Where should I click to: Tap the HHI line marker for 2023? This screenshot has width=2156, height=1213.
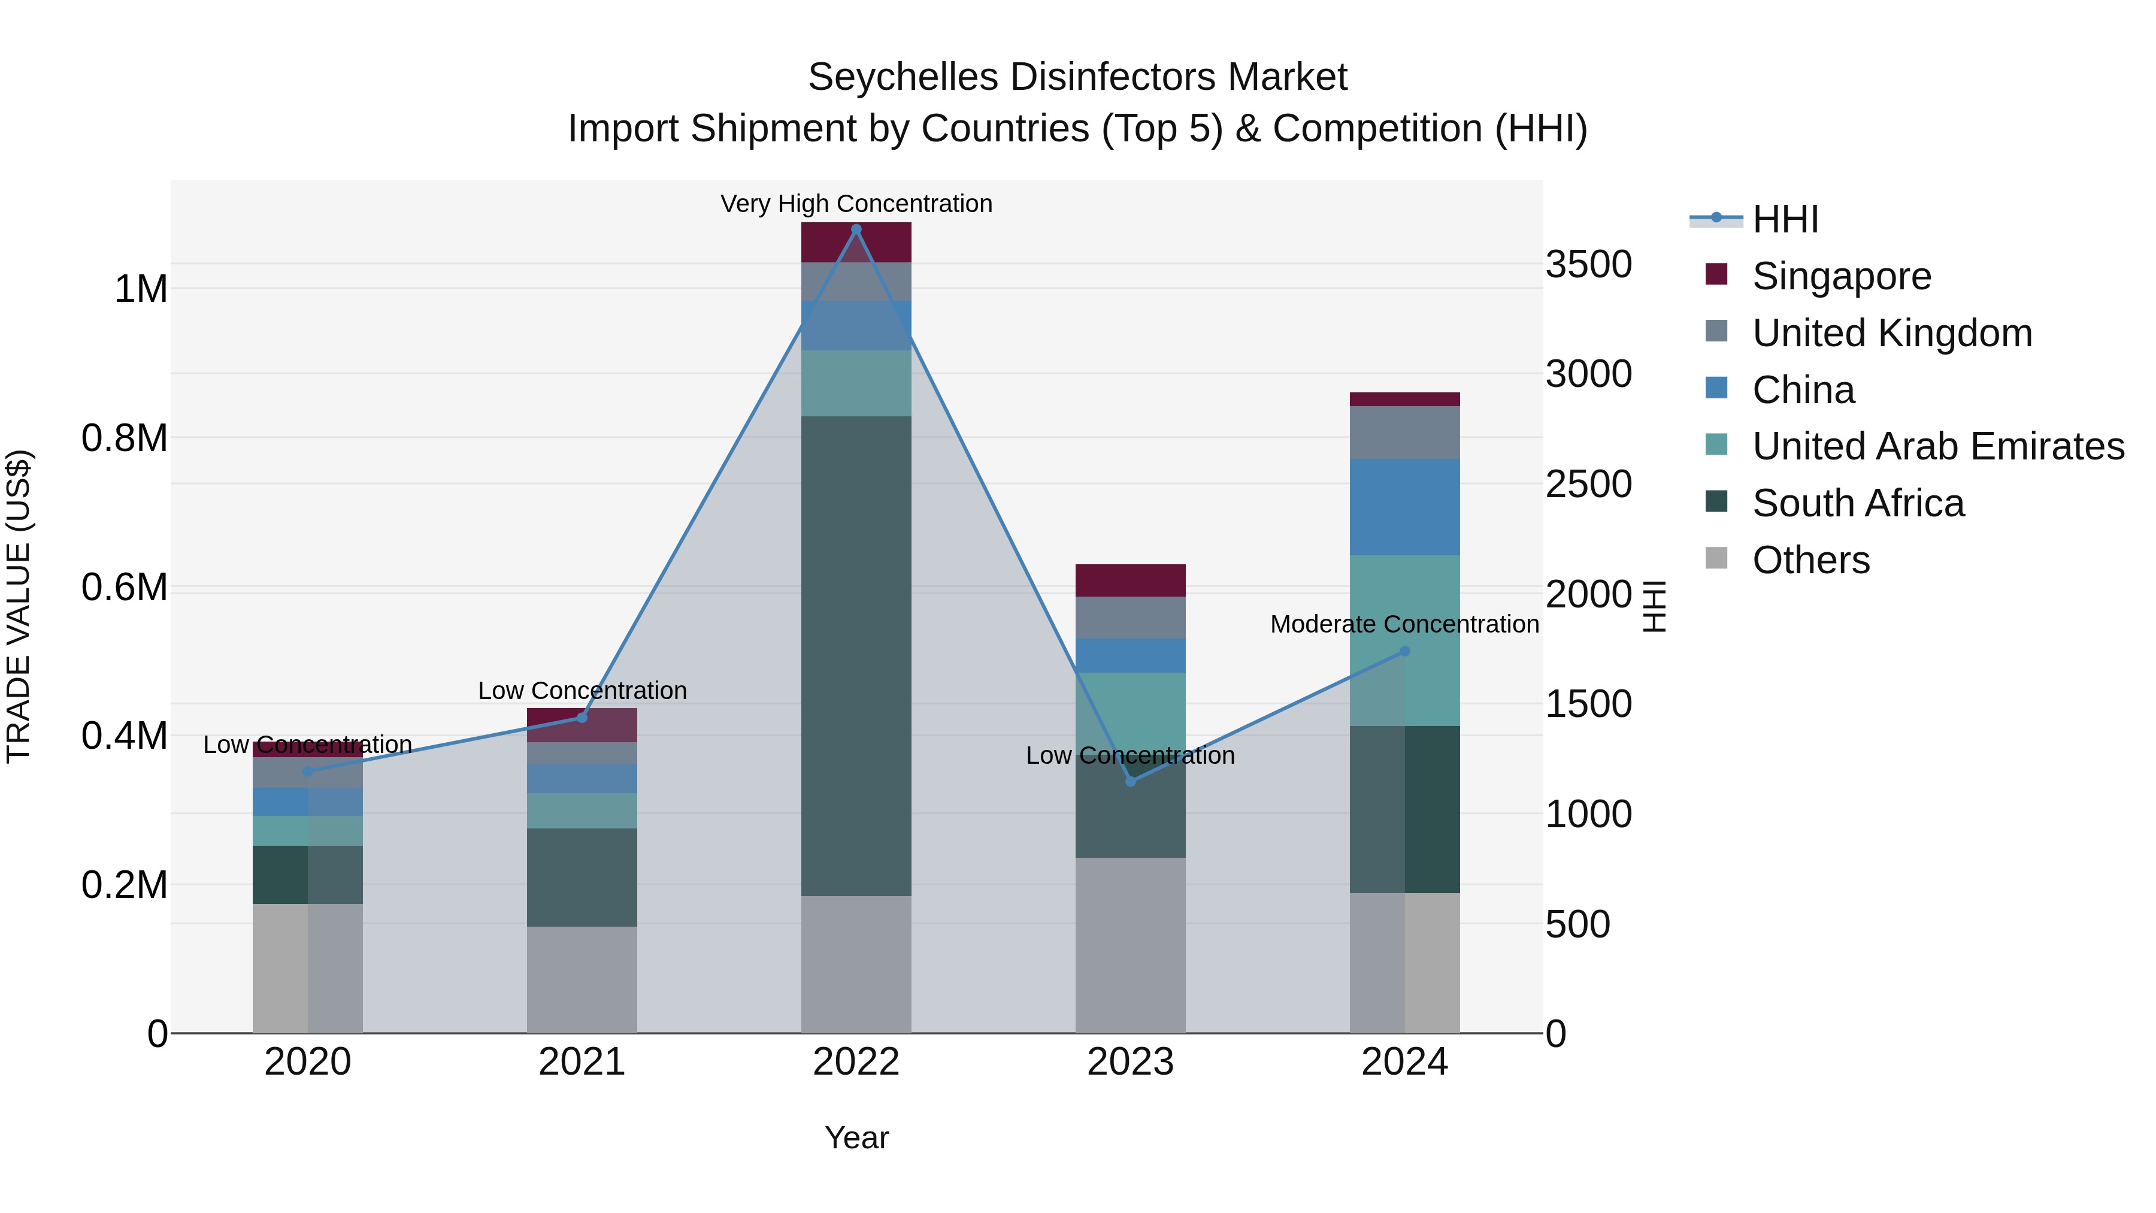(x=1130, y=781)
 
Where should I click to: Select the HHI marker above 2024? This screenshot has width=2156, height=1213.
(x=1404, y=651)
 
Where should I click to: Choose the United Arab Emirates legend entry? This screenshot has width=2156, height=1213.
(x=1937, y=446)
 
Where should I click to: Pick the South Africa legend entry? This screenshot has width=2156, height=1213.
(x=1857, y=503)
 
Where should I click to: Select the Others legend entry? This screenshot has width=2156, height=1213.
(x=1810, y=560)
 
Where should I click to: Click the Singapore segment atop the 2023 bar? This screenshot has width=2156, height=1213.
(x=1130, y=580)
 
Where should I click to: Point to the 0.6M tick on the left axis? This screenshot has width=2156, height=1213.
(x=124, y=587)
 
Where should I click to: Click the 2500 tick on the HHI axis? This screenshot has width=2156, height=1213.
(x=1588, y=484)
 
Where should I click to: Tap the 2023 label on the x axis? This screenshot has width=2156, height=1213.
(x=1130, y=1062)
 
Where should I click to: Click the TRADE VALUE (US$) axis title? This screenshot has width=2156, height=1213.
(x=19, y=606)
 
